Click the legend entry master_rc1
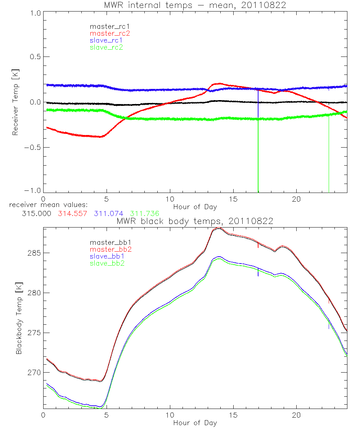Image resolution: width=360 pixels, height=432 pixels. point(106,26)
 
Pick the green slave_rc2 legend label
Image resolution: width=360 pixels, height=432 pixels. point(106,47)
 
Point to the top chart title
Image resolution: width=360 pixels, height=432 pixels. point(195,5)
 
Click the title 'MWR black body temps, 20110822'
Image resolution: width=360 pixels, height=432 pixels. point(195,221)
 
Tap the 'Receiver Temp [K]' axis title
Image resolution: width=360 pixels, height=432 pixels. point(15,102)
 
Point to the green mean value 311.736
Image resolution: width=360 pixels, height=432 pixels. point(145,213)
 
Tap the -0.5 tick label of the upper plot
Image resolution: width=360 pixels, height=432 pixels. point(33,147)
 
